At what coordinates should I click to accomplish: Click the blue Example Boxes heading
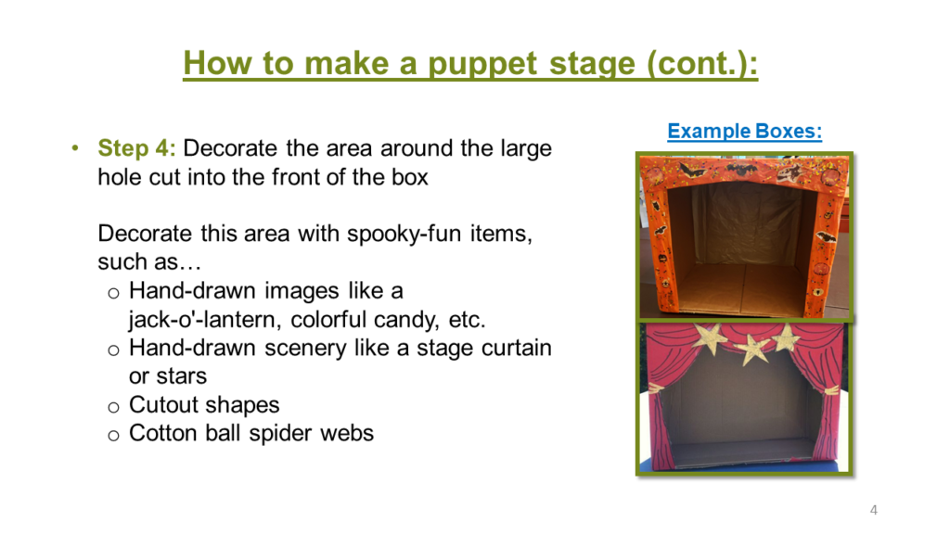click(x=744, y=131)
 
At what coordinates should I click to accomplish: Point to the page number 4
click(x=873, y=510)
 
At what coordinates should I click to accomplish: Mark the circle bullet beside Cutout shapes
click(x=113, y=406)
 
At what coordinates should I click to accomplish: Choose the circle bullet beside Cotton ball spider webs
click(x=113, y=434)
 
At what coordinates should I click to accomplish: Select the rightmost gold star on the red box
click(x=786, y=337)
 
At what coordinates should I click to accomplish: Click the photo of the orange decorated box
click(x=744, y=235)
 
